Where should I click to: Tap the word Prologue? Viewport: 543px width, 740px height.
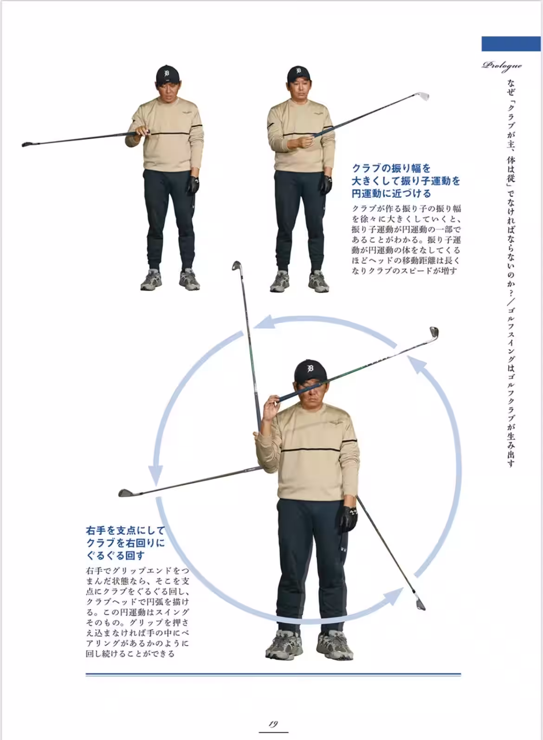pos(502,65)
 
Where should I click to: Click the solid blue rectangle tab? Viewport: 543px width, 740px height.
pos(511,44)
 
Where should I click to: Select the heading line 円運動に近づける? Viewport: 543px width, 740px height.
pos(391,193)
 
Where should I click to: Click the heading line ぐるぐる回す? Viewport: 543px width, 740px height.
pos(115,555)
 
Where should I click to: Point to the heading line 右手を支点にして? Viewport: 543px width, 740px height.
pos(125,530)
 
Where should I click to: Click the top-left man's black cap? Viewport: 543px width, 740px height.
pos(167,74)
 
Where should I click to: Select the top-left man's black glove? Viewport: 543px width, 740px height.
pos(193,184)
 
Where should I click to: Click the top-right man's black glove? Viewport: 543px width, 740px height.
pos(326,184)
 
